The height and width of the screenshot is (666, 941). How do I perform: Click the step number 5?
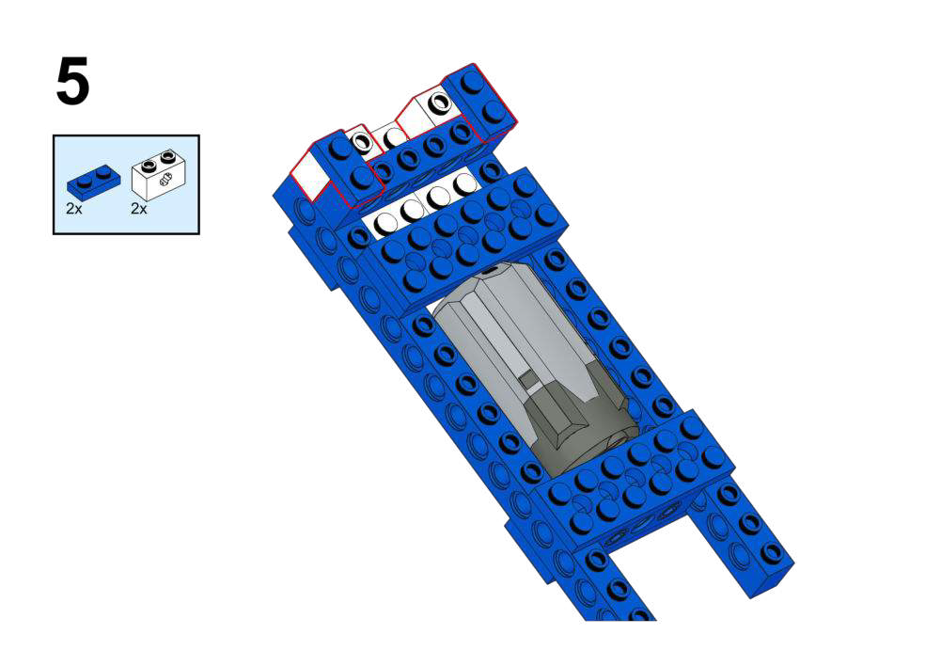(72, 81)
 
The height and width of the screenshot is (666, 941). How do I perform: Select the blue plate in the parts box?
(93, 182)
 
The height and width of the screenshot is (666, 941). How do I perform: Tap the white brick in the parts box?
(159, 175)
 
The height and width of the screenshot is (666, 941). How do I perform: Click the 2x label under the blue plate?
(74, 209)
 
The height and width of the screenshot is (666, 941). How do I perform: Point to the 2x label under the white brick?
(138, 209)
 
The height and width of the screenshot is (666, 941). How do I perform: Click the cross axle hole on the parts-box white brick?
(166, 178)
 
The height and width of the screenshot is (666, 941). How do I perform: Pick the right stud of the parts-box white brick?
(168, 157)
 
